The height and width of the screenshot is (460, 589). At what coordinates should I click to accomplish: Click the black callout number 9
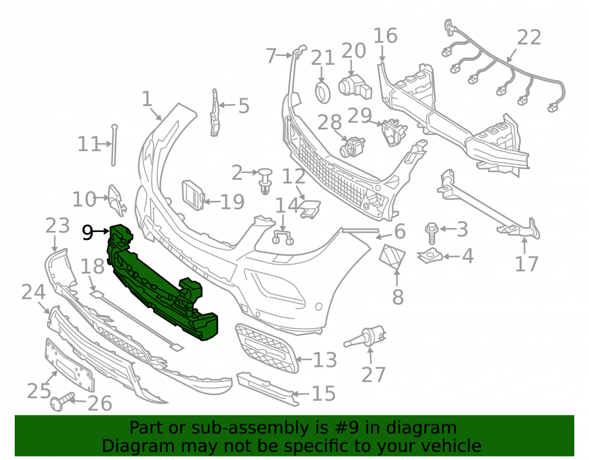[88, 233]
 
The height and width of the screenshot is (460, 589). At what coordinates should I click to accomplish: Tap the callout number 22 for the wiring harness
[529, 38]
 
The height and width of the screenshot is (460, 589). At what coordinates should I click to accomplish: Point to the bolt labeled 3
[431, 233]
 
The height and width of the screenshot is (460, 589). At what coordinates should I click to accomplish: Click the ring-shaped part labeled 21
[322, 92]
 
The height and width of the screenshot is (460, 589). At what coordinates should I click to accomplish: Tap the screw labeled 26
[62, 402]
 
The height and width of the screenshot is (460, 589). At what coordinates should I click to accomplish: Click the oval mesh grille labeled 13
[266, 348]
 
